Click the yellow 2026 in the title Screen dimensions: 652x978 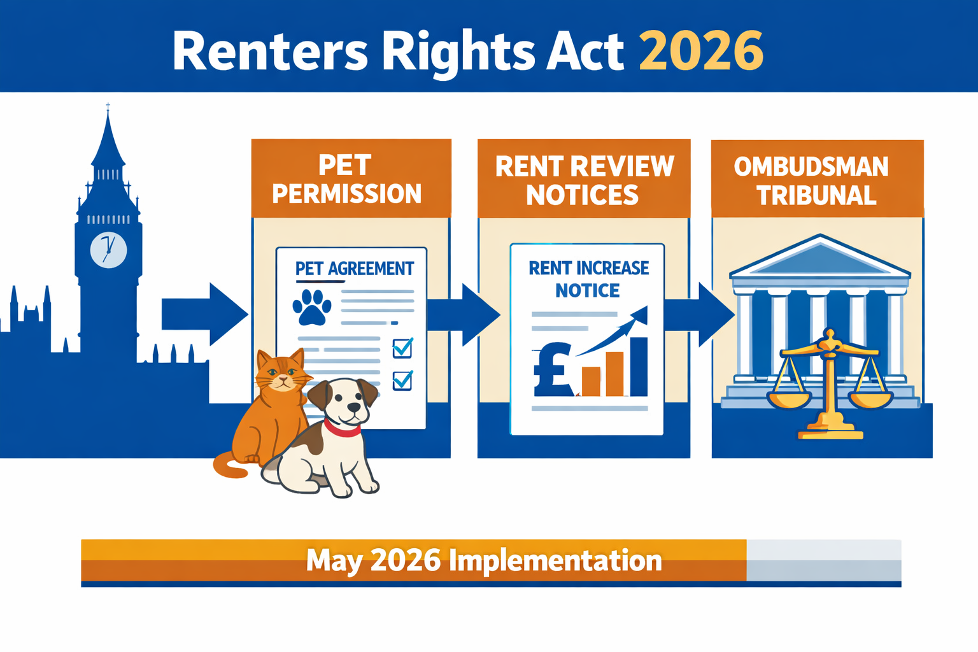point(700,51)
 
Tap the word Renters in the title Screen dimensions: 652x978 point(270,51)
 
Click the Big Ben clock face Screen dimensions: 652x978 point(108,250)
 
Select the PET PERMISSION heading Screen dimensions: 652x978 point(347,179)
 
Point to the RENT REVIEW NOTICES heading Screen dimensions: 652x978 point(584,180)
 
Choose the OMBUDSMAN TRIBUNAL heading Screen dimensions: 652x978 point(812,181)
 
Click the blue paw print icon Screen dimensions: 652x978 point(312,307)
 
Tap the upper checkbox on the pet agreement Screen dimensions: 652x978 point(402,348)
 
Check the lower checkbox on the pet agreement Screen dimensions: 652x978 point(402,380)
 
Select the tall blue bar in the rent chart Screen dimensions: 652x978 point(639,367)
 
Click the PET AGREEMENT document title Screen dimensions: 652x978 point(355,269)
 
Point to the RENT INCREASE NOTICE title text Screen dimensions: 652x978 point(588,279)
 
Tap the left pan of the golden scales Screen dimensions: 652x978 point(789,399)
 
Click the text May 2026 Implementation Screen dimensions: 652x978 point(484,561)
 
